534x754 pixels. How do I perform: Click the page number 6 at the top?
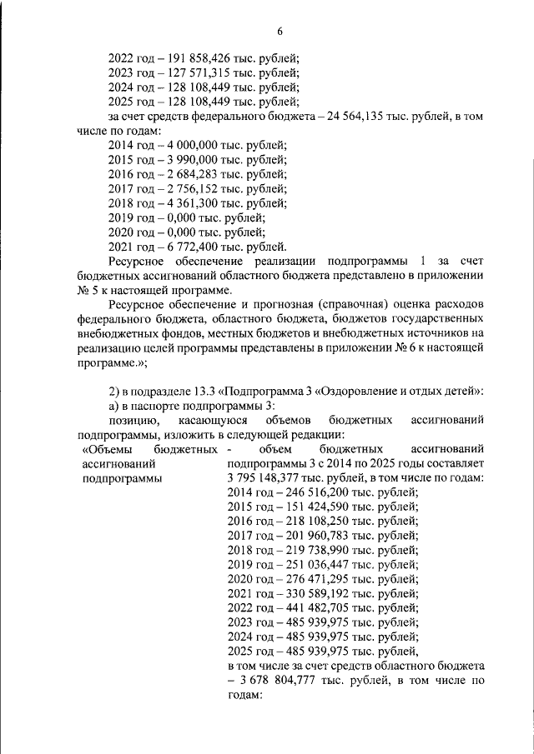click(x=280, y=31)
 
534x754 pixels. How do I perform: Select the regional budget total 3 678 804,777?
click(x=284, y=682)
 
